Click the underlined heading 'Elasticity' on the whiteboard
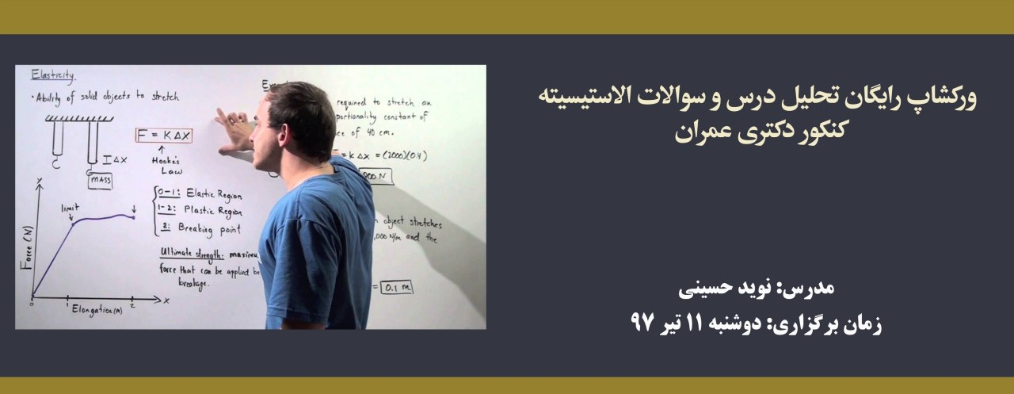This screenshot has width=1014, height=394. (x=52, y=77)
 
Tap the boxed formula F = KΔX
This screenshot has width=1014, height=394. (x=164, y=136)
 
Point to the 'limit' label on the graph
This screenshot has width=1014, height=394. (x=71, y=207)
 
